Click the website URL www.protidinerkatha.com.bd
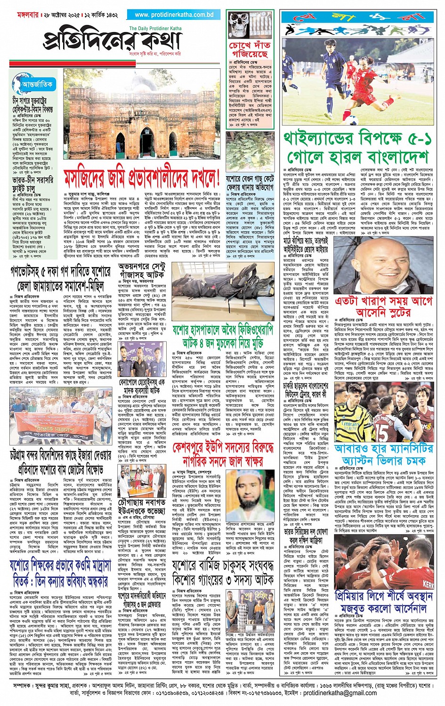point(174,15)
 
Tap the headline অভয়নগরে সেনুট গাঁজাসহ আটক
point(142,271)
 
